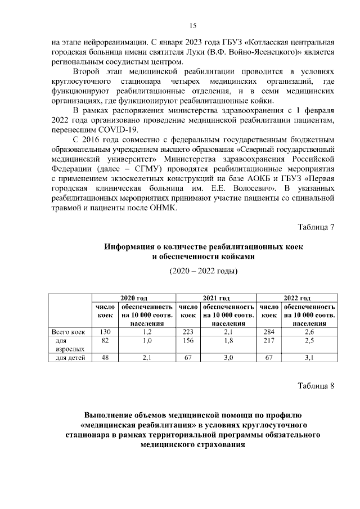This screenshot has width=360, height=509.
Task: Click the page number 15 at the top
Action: (192, 25)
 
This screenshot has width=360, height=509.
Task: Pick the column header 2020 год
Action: (134, 298)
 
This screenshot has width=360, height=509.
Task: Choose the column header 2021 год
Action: (216, 298)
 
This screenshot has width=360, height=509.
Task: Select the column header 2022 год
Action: (297, 298)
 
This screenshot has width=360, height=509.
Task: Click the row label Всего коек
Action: (68, 332)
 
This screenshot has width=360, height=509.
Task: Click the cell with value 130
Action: (105, 332)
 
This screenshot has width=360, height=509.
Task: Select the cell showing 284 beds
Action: (268, 332)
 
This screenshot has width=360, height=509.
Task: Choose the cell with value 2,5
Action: (309, 341)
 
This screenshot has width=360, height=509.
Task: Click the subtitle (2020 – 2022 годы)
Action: (204, 272)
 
